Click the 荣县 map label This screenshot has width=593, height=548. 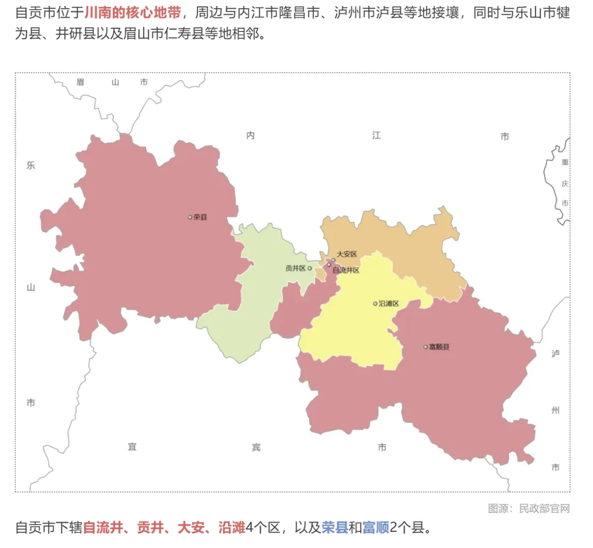200,217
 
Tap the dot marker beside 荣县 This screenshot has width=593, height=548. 190,217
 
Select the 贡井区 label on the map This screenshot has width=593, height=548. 295,268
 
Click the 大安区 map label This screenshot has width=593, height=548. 347,254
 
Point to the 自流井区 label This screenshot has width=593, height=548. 346,270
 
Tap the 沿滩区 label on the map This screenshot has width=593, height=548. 389,303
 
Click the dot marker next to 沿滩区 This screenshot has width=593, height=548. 375,304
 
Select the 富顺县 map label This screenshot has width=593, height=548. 439,347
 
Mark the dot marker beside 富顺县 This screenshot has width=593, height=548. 426,347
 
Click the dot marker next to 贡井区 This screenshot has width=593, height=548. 309,268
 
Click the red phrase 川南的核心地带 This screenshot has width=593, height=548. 132,13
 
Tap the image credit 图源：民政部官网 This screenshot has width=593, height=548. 529,508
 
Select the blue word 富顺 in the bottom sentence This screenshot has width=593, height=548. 376,528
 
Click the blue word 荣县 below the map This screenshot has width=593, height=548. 335,528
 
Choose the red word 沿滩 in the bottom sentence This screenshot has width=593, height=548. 232,528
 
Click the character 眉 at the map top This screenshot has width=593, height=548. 80,82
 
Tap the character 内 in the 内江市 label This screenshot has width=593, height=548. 251,135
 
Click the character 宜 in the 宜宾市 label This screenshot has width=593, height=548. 132,447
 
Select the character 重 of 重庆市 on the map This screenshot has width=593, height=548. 565,162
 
